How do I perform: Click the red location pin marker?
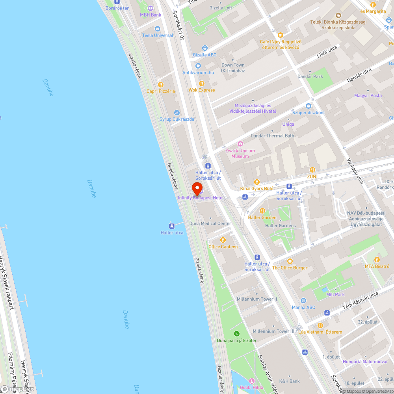(197, 189)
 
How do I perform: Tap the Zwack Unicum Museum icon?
(240, 144)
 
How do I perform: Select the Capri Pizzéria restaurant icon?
(161, 85)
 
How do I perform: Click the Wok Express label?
(201, 90)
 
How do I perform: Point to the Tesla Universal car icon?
(158, 29)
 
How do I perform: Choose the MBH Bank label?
(151, 15)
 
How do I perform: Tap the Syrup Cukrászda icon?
(177, 113)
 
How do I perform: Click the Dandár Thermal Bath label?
(272, 136)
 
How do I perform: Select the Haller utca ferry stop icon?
(172, 226)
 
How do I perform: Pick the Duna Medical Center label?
(210, 223)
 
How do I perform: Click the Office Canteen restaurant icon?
(223, 240)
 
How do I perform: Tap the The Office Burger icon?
(290, 261)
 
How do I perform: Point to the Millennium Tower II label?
(257, 299)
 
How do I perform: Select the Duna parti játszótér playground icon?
(237, 334)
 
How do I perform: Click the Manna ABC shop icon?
(303, 301)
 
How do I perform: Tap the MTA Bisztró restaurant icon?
(377, 260)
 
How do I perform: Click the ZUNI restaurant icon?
(312, 170)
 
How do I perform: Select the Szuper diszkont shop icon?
(308, 106)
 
